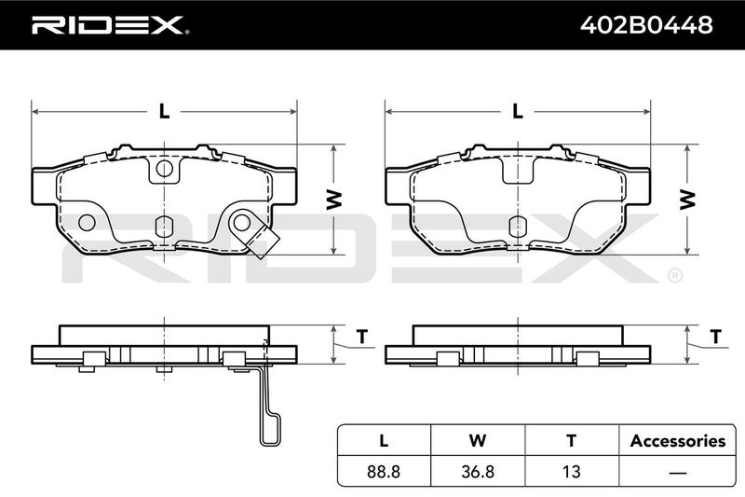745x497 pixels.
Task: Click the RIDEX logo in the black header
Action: click(x=110, y=25)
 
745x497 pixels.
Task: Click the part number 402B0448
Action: click(x=646, y=25)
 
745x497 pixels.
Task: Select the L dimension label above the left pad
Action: click(x=164, y=111)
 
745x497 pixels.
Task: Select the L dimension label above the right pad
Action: click(x=518, y=111)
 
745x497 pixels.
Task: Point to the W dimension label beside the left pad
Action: click(x=334, y=200)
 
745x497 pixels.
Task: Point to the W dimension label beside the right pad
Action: click(x=687, y=200)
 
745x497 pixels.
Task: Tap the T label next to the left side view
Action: click(x=362, y=337)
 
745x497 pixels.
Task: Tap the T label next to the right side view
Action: click(x=715, y=337)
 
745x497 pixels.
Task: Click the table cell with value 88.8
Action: click(x=384, y=471)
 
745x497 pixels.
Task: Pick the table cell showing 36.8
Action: click(x=478, y=471)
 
